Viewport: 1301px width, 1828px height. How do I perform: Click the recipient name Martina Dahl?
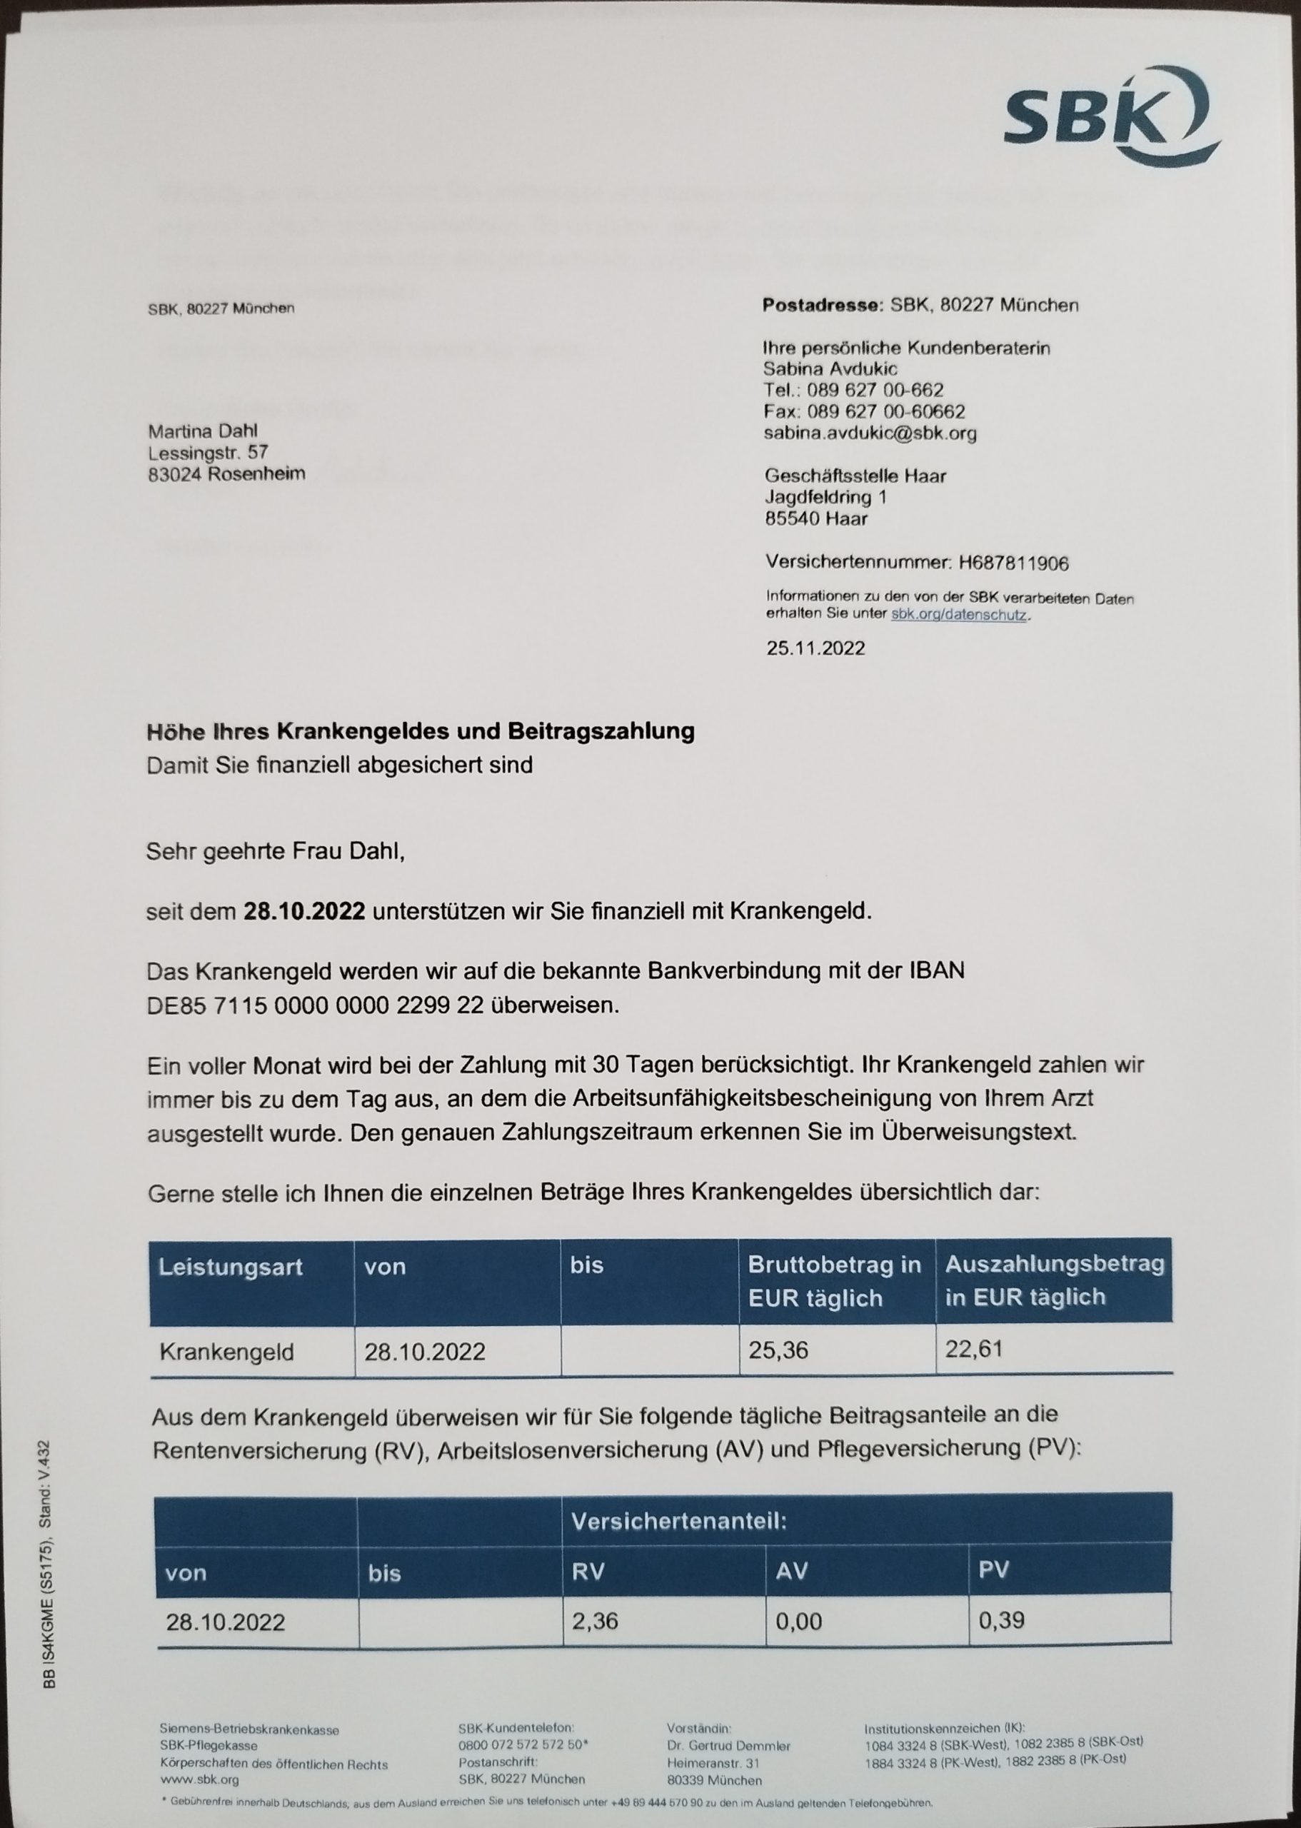tap(203, 431)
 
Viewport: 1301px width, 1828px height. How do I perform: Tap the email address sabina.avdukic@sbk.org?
tap(870, 433)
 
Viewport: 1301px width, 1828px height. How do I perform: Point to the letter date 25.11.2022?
tap(815, 648)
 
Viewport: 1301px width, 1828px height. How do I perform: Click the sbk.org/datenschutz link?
tap(958, 616)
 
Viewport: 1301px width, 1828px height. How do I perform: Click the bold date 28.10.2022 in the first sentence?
tap(304, 912)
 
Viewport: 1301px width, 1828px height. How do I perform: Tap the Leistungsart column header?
tap(231, 1267)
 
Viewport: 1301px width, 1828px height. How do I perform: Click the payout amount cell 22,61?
tap(974, 1350)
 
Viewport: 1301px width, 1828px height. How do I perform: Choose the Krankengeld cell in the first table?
tap(227, 1352)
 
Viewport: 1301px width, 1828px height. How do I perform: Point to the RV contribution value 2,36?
tap(596, 1622)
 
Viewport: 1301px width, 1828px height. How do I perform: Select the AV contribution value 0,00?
tap(799, 1622)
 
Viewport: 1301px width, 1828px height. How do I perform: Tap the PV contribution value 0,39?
tap(1001, 1620)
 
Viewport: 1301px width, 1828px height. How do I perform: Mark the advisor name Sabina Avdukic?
tap(830, 369)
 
